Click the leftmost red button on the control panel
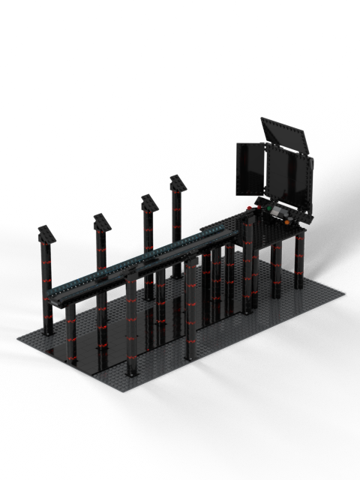click(x=249, y=208)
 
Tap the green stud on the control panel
click(x=269, y=208)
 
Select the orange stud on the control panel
click(x=287, y=222)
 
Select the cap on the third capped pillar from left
click(x=148, y=203)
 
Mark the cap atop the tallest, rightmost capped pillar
click(x=178, y=182)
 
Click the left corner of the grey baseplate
click(x=18, y=338)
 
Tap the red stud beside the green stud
click(x=259, y=208)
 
